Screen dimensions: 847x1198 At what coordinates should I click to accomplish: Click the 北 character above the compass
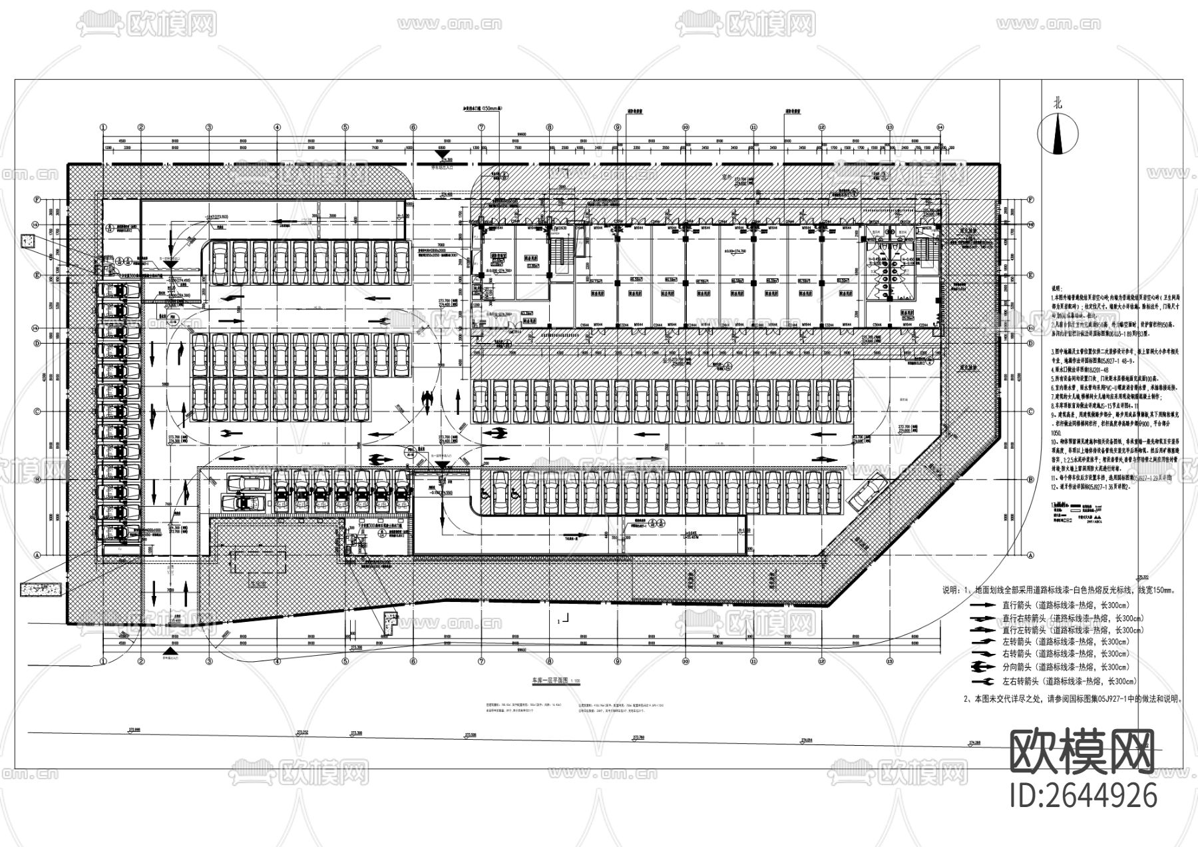[x=1057, y=103]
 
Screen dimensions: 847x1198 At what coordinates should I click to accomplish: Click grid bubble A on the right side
[x=1030, y=554]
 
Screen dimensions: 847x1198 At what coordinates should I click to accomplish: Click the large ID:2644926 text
[x=1084, y=795]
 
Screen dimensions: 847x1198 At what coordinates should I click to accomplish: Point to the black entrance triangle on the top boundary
[x=439, y=154]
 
